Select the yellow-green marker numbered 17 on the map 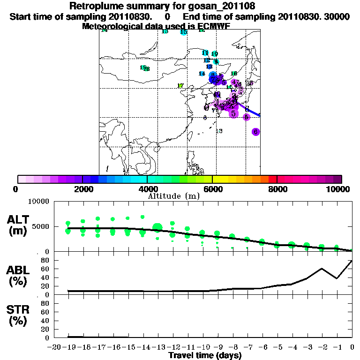[180, 86]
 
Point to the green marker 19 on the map [143, 67]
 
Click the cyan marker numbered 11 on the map [205, 52]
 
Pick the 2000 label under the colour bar [82, 189]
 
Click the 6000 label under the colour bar [212, 189]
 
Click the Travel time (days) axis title [204, 355]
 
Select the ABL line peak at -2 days [322, 269]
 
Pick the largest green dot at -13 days [157, 228]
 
